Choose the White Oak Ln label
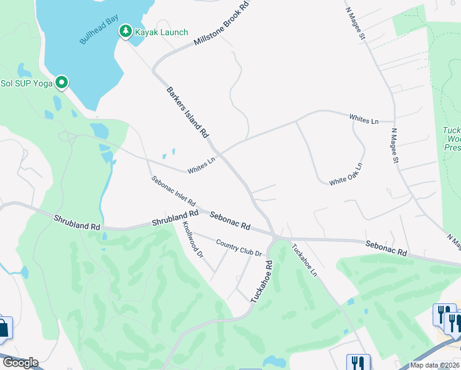point(346,175)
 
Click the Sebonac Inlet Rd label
point(174,191)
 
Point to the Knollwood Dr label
point(192,240)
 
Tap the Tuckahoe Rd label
point(261,281)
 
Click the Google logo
point(20,363)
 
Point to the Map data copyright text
point(435,365)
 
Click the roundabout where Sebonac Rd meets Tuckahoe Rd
point(276,237)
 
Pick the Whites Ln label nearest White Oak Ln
point(364,119)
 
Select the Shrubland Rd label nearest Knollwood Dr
point(176,218)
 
